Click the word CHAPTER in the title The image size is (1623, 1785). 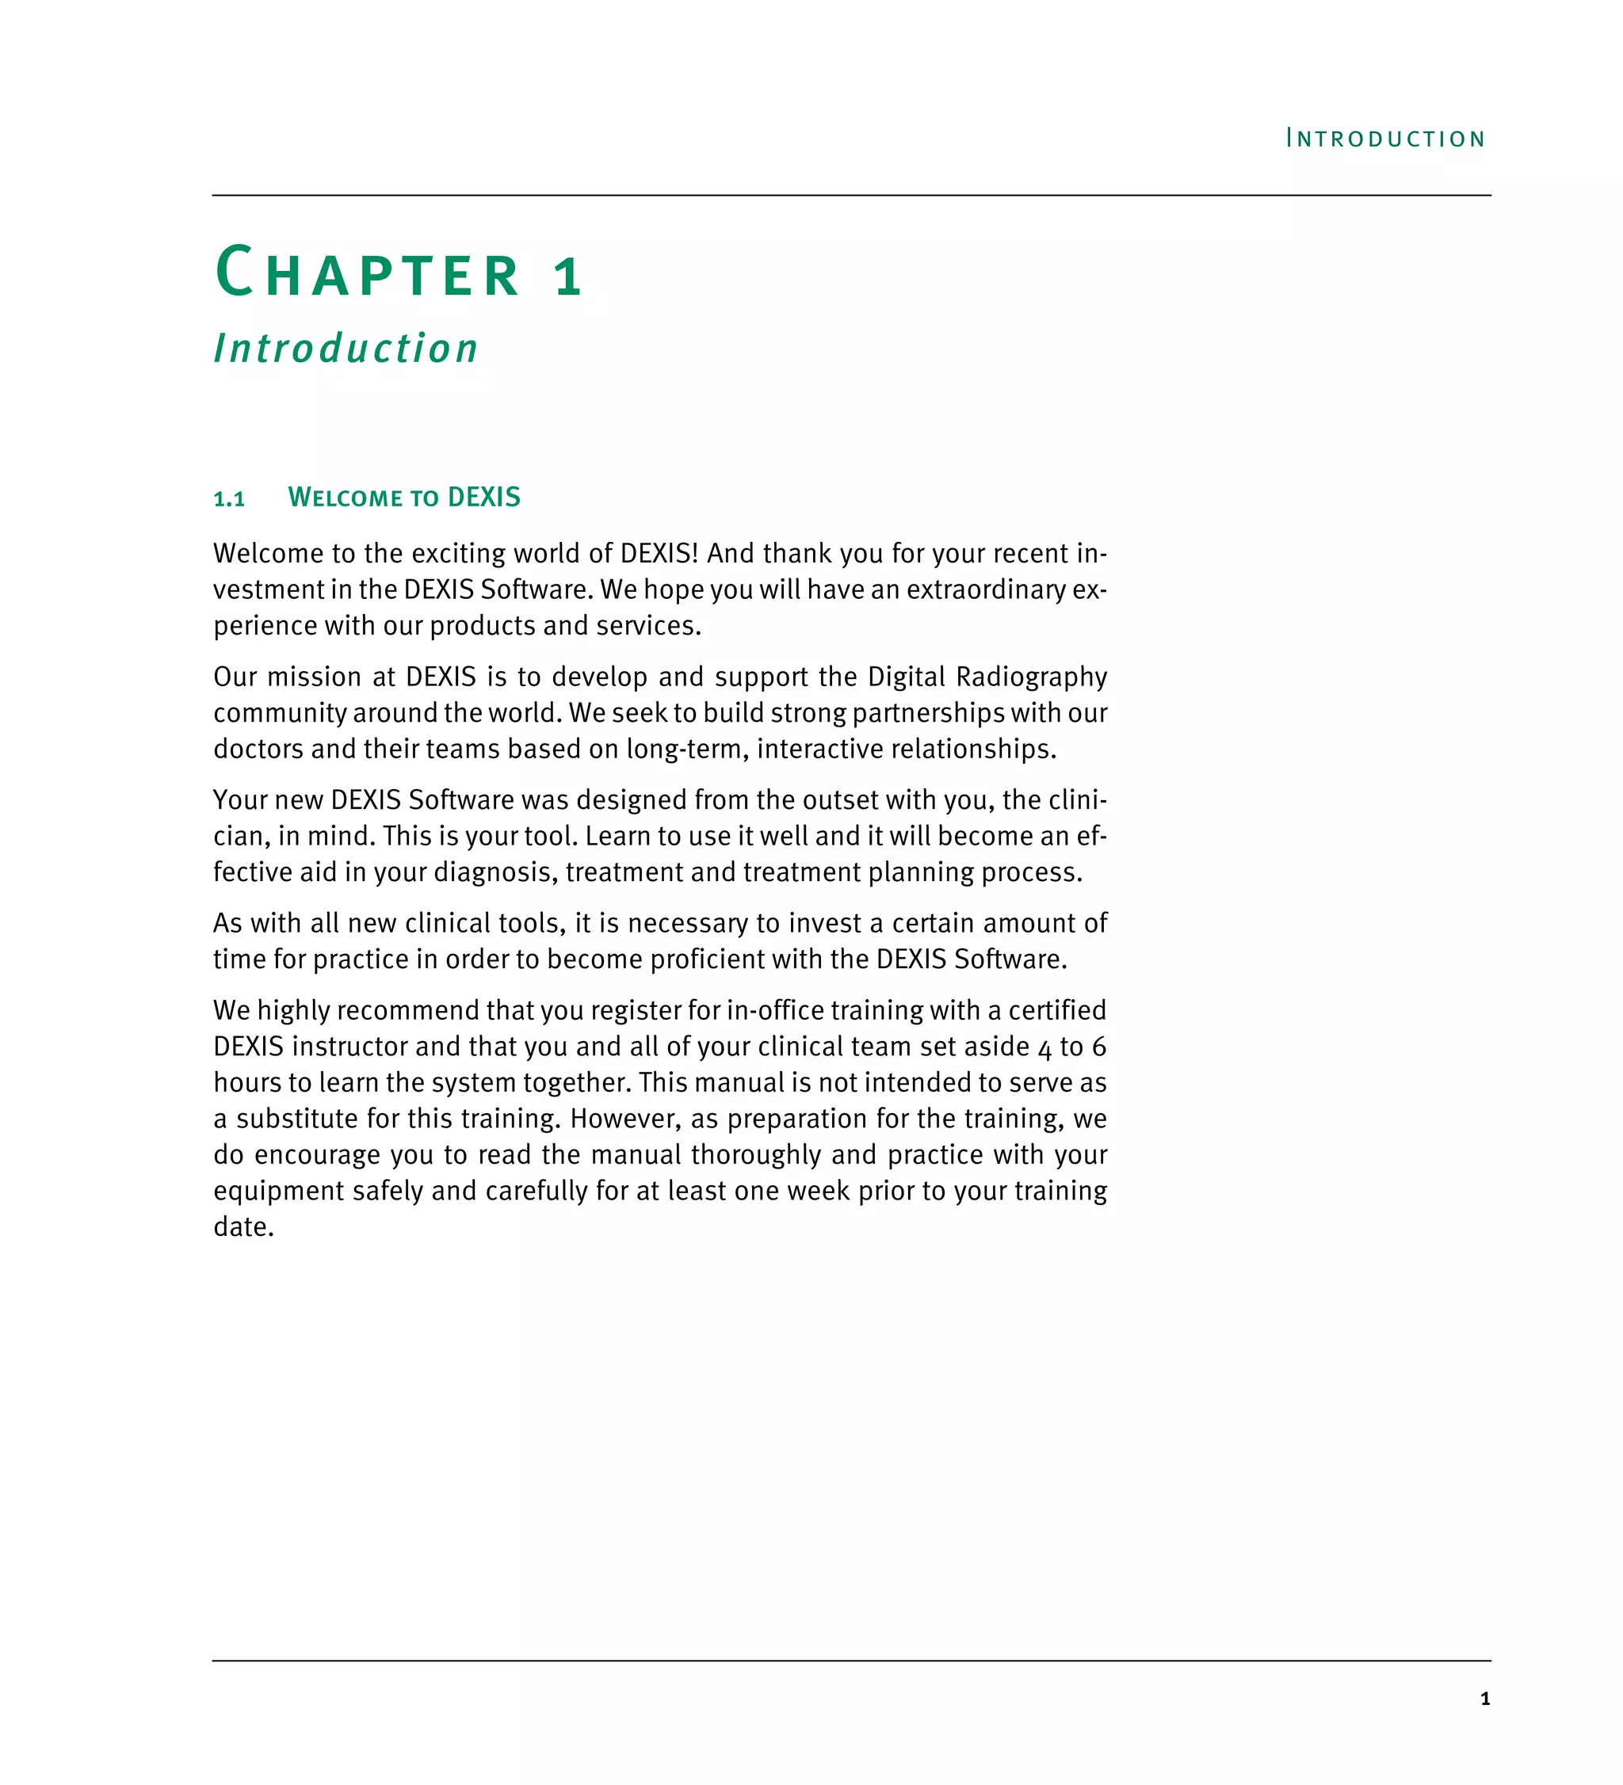tap(368, 273)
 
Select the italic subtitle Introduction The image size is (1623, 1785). tap(346, 348)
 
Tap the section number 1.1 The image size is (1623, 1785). tap(229, 499)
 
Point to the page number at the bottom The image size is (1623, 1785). tap(1485, 1698)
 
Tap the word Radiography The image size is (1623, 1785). tap(1032, 677)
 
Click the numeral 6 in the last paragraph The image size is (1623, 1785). tap(1099, 1047)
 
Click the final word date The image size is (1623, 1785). tap(242, 1227)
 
